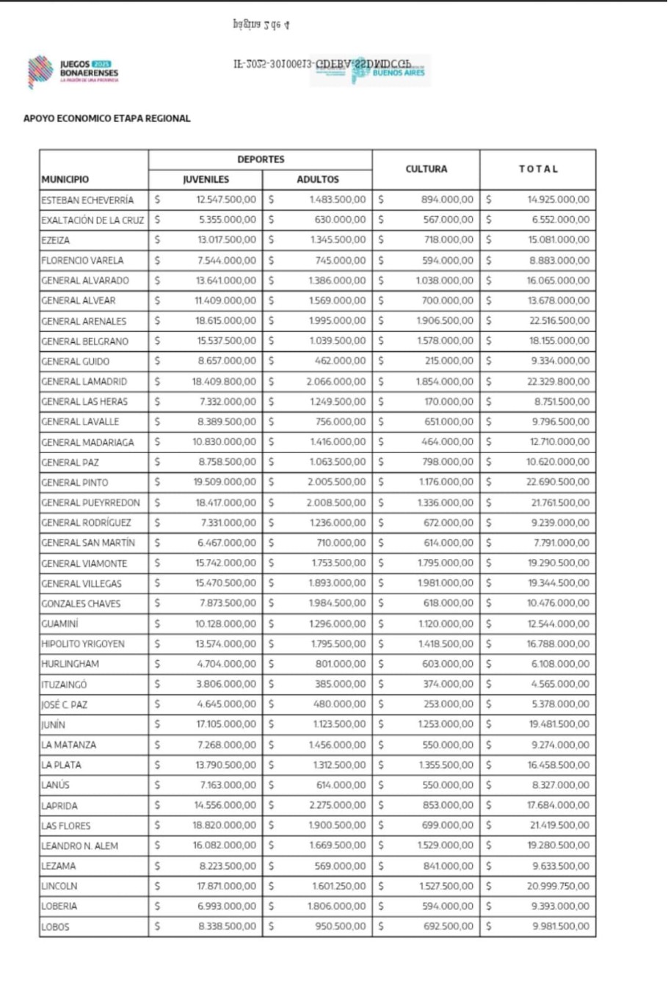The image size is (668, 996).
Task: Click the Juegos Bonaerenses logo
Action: pos(73,71)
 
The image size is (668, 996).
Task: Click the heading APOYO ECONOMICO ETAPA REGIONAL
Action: pos(106,118)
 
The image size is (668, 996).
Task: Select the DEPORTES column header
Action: pos(261,159)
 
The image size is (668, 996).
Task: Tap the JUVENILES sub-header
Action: pos(206,179)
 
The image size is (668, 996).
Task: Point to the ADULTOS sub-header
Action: pos(317,179)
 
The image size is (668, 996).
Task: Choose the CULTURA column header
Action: pos(426,169)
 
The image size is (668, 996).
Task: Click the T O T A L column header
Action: pos(538,169)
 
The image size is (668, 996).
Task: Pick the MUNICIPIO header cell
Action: pos(65,179)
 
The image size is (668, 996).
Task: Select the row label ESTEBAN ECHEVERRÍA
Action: pos(87,200)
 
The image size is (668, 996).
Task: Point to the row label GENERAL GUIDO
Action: pos(76,361)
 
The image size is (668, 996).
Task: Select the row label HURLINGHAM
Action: pos(70,664)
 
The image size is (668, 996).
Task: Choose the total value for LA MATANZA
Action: pos(560,745)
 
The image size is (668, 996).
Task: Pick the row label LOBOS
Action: pos(55,927)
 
